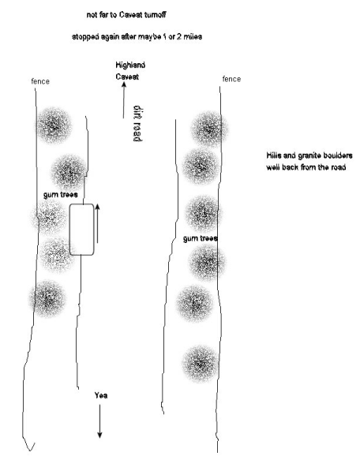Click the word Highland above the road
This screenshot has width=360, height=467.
(x=130, y=65)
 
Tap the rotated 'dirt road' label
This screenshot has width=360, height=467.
(x=137, y=123)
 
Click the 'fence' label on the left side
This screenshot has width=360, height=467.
(x=40, y=81)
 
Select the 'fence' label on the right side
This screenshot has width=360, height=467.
(x=231, y=79)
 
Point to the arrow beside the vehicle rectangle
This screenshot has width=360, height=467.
(x=97, y=223)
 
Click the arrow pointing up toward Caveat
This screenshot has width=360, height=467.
(x=124, y=100)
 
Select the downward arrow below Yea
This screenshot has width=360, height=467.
(x=99, y=421)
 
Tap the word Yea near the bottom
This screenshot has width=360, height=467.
(x=101, y=395)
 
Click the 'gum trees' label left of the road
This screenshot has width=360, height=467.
(x=61, y=195)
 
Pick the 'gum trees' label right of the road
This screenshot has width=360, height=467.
(x=201, y=238)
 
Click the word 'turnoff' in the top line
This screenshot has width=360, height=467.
(x=155, y=15)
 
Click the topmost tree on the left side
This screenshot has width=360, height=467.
(x=54, y=125)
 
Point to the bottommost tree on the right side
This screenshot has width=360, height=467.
(x=201, y=364)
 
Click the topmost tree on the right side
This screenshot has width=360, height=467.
(x=209, y=129)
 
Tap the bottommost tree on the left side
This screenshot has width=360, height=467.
(x=47, y=298)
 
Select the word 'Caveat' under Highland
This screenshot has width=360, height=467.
(x=127, y=77)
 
